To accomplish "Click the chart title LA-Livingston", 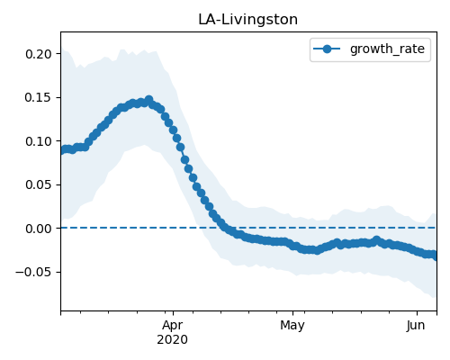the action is [247, 20].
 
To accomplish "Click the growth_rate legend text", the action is [387, 49].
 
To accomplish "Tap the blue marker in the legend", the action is [327, 49].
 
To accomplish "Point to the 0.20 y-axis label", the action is [39, 54].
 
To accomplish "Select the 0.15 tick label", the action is [39, 97].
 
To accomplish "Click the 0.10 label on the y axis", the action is [39, 141].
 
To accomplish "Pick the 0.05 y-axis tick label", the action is [39, 184].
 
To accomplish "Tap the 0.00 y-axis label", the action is [39, 229].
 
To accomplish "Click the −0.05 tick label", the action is [34, 272].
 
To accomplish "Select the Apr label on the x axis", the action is [173, 326].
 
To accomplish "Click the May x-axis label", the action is [292, 326].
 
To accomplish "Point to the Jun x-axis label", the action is [416, 325].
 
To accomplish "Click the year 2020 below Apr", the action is [173, 339].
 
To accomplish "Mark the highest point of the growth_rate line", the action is [148, 99].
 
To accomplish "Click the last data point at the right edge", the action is [435, 256].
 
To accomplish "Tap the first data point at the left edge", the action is [62, 150].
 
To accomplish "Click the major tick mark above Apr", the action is [173, 313].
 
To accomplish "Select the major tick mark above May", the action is [292, 313].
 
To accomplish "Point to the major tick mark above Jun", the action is [417, 313].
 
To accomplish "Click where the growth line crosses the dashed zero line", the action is [224, 228].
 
